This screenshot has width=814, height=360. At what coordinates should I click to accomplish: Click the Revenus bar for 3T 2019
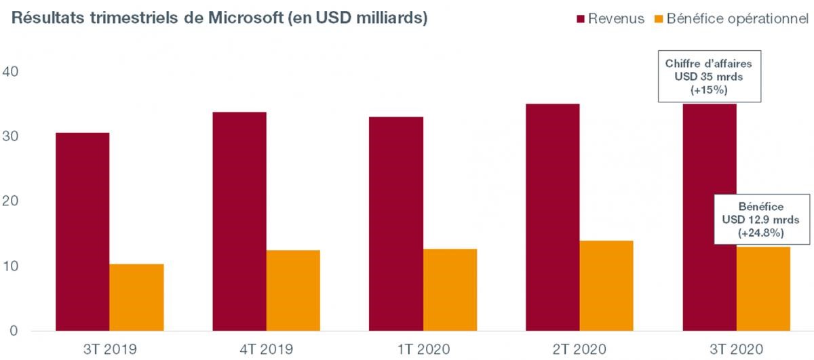82,231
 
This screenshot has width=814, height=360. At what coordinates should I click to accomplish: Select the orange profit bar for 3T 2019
136,297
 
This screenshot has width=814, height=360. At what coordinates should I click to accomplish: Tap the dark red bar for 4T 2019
239,221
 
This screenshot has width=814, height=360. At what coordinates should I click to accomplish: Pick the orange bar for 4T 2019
293,290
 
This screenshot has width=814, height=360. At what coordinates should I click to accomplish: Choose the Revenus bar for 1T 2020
395,224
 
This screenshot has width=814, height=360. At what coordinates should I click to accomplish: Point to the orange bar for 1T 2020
450,289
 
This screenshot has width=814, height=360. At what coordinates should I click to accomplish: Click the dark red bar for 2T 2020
552,217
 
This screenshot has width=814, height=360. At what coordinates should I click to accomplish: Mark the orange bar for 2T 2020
606,285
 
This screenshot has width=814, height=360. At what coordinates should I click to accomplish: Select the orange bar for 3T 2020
763,288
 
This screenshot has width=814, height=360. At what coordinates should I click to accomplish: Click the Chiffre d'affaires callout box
710,77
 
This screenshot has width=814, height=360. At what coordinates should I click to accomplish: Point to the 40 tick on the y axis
14,72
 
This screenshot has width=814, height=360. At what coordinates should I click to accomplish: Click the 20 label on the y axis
14,201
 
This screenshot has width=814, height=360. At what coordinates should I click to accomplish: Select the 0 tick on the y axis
14,331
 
